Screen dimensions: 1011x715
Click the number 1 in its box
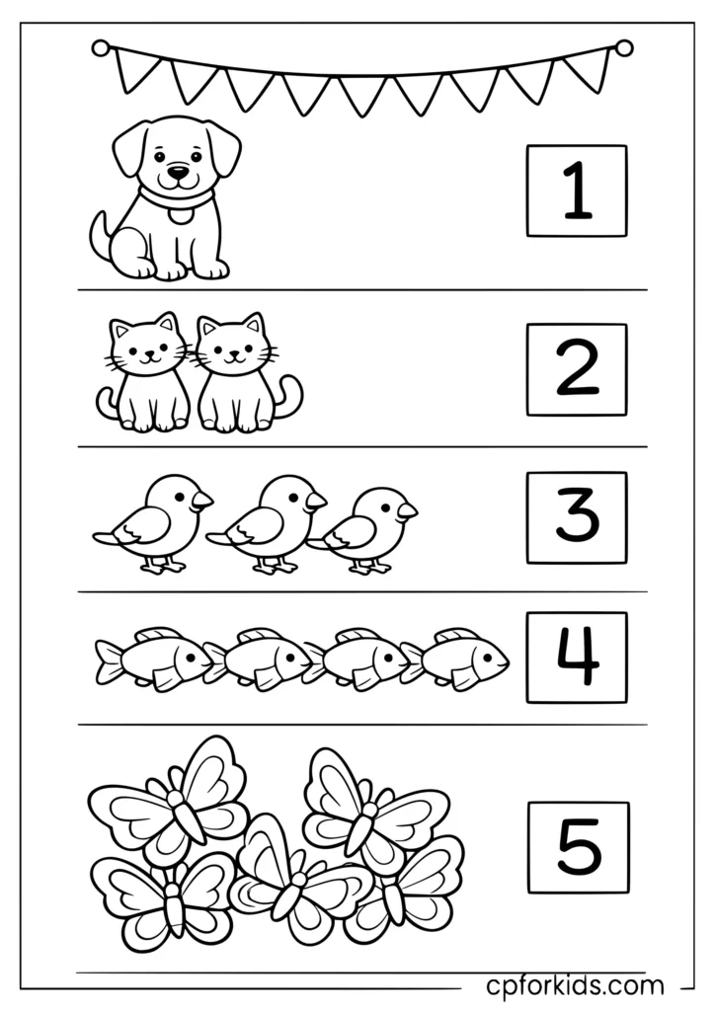point(577,191)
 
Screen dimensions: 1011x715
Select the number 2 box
point(577,369)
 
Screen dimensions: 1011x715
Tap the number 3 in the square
point(577,516)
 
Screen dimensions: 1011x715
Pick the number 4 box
point(577,658)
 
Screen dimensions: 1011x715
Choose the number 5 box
point(578,847)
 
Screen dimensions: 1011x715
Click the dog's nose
point(176,174)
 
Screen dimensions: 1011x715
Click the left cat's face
point(146,350)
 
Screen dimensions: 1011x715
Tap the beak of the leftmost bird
point(202,501)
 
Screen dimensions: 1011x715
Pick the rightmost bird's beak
point(407,511)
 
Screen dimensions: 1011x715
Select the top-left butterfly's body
point(183,812)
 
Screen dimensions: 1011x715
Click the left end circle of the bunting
point(100,46)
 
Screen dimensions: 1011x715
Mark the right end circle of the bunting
point(623,46)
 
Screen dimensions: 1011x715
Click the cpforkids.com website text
point(576,984)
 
